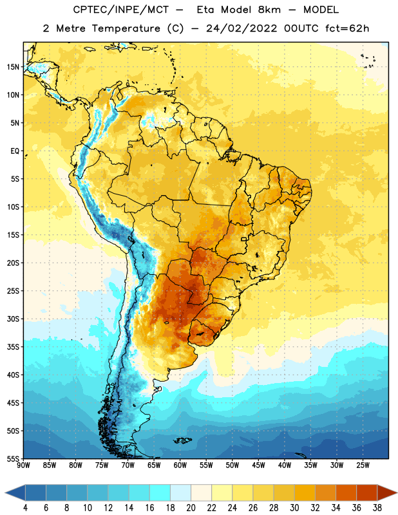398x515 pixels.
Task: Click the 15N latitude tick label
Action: click(x=13, y=67)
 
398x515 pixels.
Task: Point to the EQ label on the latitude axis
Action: click(x=15, y=151)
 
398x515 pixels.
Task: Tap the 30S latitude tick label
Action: click(x=13, y=319)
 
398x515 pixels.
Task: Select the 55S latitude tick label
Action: click(x=13, y=459)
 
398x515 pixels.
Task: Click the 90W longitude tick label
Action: click(x=23, y=465)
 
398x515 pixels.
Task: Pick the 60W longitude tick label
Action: click(x=180, y=465)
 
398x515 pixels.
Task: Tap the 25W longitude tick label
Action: click(x=363, y=465)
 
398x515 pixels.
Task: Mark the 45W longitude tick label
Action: click(x=258, y=465)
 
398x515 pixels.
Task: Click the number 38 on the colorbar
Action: click(x=377, y=508)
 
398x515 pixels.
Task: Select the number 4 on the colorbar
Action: click(x=25, y=508)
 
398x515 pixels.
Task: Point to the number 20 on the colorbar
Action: click(x=191, y=508)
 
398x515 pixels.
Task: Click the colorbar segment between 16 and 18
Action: click(x=160, y=493)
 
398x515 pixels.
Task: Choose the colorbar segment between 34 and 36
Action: click(x=346, y=493)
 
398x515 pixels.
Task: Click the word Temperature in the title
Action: click(x=126, y=28)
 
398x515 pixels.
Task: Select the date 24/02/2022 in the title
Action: click(x=242, y=28)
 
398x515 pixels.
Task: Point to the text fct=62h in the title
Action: click(x=347, y=28)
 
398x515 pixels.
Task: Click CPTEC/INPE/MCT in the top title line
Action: click(x=120, y=10)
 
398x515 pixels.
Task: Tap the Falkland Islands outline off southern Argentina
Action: click(x=182, y=440)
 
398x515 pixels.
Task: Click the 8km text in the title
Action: click(x=269, y=10)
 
